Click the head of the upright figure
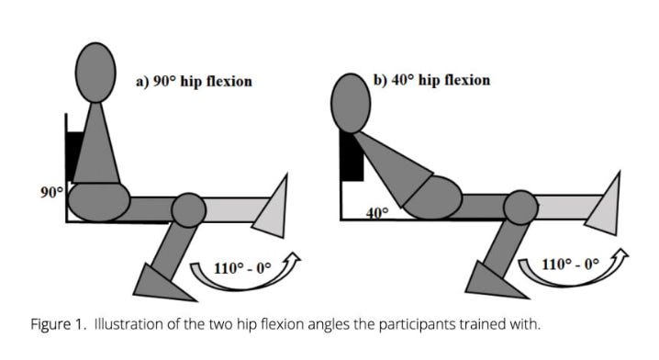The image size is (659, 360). (x=95, y=73)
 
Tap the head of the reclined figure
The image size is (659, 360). (x=351, y=104)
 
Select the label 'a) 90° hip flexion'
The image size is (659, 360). (x=194, y=81)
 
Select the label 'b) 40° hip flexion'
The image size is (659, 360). (x=432, y=80)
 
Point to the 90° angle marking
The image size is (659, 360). (x=51, y=192)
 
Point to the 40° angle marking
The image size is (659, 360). (x=377, y=213)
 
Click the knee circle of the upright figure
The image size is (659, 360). (x=189, y=210)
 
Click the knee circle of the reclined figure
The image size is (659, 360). (x=520, y=208)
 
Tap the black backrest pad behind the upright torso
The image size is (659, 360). (x=74, y=155)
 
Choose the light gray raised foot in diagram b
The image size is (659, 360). (x=604, y=206)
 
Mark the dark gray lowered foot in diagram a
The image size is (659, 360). (x=159, y=285)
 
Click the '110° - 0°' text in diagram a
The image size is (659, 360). (x=242, y=268)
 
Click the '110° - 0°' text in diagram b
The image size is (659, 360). (x=570, y=265)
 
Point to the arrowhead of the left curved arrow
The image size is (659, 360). (x=293, y=257)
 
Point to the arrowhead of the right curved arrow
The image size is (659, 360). (x=620, y=253)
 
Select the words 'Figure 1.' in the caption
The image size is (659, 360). (x=59, y=325)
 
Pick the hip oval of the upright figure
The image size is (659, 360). (x=99, y=202)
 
